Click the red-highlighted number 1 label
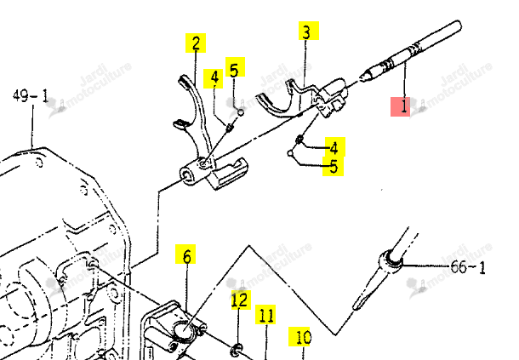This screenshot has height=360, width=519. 400,106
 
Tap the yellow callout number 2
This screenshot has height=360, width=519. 196,43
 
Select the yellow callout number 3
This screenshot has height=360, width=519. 309,31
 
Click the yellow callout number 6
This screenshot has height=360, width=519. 185,254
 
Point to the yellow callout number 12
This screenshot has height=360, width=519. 241,300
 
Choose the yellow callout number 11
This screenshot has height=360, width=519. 265,315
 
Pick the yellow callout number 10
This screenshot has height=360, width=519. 299,337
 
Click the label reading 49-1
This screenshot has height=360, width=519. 31,96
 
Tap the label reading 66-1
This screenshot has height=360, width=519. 468,267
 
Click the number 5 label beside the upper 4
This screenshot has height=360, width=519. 235,67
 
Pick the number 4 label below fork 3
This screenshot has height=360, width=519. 335,147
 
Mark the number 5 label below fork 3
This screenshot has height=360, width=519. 333,166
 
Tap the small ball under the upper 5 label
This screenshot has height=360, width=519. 242,112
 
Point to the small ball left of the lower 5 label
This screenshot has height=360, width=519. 290,153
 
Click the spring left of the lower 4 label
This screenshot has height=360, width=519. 299,140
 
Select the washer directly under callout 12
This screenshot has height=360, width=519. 237,350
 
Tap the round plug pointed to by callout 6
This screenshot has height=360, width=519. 183,329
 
